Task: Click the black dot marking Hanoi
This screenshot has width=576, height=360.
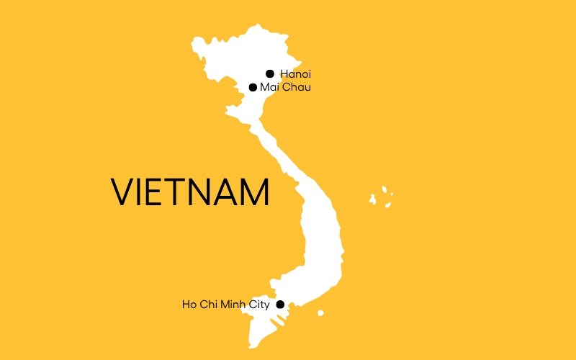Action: click(x=270, y=73)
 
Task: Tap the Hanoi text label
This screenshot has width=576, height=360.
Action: click(x=296, y=73)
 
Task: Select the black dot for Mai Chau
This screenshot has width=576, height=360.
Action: click(x=253, y=88)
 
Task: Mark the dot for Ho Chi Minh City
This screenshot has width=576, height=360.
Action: click(x=281, y=305)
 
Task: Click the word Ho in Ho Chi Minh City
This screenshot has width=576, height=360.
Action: click(x=189, y=305)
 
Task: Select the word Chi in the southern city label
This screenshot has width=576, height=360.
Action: click(x=207, y=305)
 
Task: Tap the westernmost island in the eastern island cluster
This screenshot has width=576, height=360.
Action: click(x=373, y=199)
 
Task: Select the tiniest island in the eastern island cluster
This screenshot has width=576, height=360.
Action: click(x=391, y=194)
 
